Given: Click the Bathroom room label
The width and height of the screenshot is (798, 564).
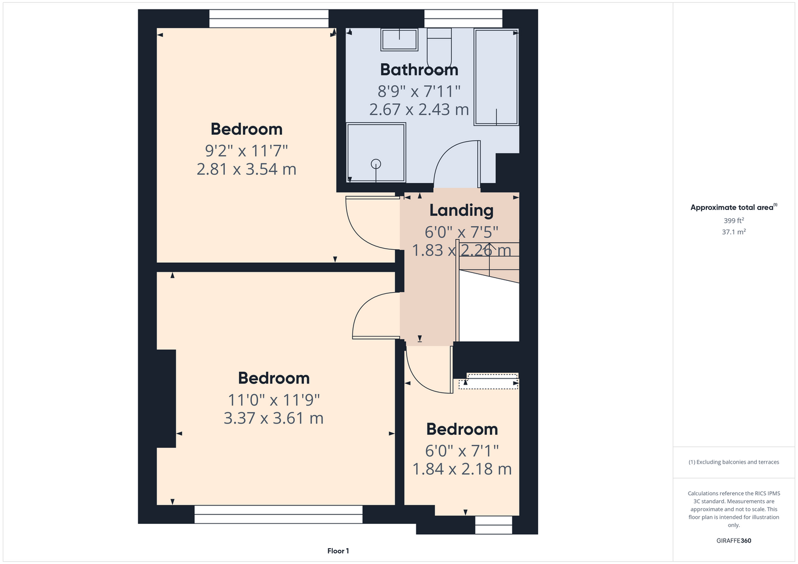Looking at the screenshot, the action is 419,69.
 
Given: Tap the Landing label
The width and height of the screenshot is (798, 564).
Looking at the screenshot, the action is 461,210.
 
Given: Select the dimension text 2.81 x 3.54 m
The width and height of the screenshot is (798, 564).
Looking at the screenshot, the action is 247,169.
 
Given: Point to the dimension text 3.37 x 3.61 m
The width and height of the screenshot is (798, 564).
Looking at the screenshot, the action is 273,418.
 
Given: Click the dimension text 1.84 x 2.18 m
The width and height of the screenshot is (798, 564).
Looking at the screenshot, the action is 462,469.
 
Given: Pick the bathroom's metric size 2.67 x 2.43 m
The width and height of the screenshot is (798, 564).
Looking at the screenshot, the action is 419,109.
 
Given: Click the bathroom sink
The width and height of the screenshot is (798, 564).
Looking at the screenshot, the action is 399,40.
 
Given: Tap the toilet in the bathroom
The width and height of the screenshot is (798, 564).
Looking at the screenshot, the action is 439,50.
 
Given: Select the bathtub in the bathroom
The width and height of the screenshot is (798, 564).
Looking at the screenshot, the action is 496,77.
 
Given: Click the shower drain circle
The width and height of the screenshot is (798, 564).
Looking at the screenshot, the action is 376,164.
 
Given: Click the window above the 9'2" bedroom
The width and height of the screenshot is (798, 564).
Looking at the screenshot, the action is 269,19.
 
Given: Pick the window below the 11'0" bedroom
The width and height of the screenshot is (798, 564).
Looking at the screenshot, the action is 278,514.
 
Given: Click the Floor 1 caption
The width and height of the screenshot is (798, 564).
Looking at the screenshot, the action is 338,551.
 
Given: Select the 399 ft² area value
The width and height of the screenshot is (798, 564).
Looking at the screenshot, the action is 734,221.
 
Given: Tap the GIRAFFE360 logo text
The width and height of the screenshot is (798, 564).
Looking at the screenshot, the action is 734,540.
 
